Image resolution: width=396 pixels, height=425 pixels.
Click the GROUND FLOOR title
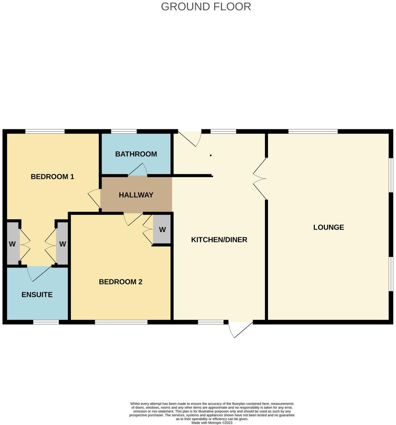click(206, 7)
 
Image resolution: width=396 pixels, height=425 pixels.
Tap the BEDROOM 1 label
click(52, 177)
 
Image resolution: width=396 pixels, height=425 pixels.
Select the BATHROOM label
click(136, 154)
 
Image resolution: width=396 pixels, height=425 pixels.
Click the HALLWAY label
click(136, 195)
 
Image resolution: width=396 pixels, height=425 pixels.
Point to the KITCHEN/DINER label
click(219, 239)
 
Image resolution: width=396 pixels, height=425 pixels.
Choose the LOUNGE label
click(328, 227)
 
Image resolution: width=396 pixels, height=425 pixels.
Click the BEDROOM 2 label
click(120, 282)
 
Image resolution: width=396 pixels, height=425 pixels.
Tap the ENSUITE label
click(37, 295)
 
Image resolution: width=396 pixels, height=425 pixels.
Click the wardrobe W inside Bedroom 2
click(162, 230)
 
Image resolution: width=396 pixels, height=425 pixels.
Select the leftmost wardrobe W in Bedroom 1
click(12, 244)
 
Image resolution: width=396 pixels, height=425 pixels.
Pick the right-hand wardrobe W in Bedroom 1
click(63, 244)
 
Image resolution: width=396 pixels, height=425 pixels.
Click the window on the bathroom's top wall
click(124, 132)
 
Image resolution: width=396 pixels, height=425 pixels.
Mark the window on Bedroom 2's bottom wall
click(121, 322)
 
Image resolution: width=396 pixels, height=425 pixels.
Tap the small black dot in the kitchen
click(210, 155)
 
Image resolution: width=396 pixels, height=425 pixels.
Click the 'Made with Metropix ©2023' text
click(212, 422)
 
